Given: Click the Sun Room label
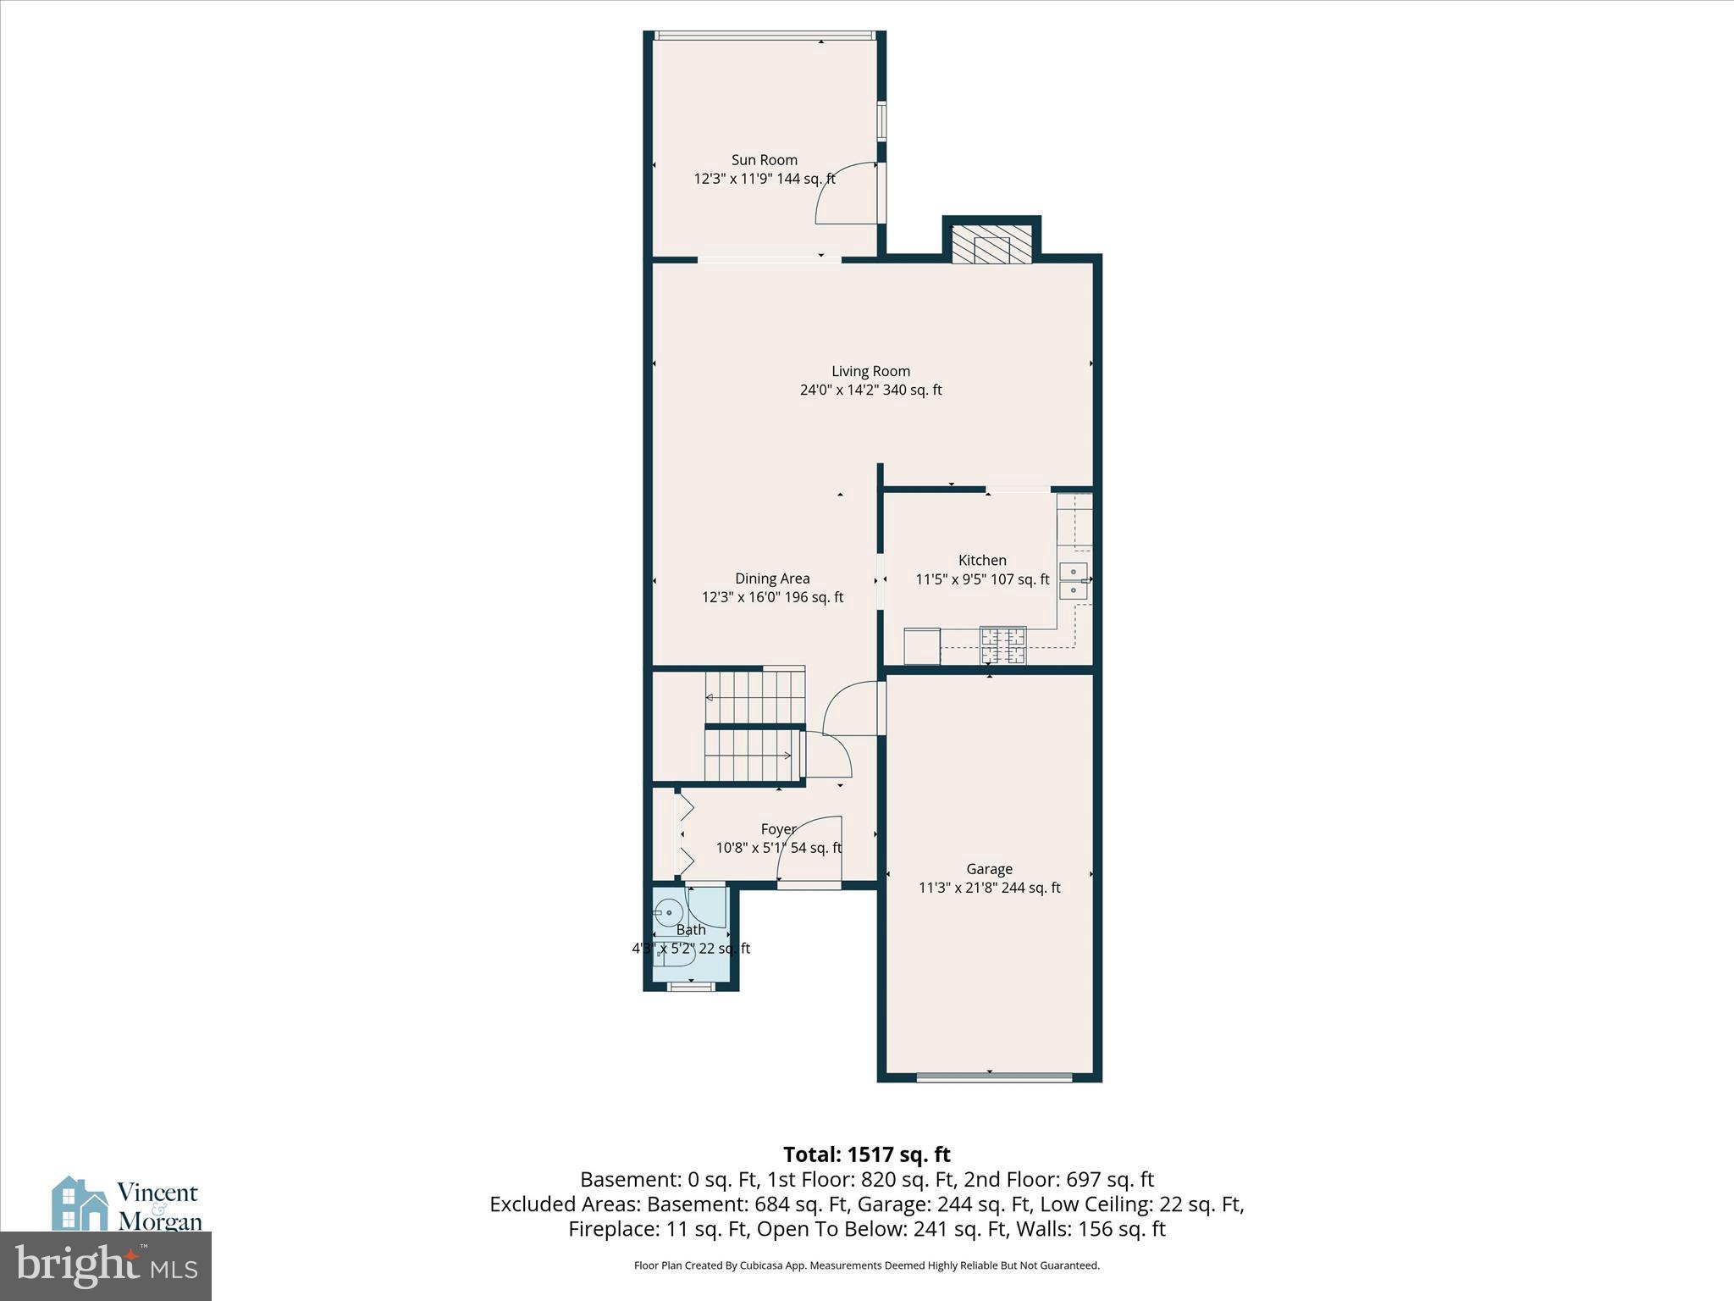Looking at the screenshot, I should click(x=764, y=160).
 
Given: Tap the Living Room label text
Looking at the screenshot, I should click(x=870, y=371).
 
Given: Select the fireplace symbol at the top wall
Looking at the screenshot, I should click(x=991, y=244).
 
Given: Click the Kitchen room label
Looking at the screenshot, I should click(x=982, y=560).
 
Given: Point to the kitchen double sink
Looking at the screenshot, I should click(x=1074, y=580).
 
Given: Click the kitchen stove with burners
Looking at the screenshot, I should click(x=1002, y=645).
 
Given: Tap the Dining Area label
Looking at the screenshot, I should click(x=772, y=579).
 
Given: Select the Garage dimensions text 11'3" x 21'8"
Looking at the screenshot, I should click(x=989, y=888).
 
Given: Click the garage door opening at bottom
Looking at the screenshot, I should click(x=994, y=1077).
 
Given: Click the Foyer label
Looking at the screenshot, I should click(x=778, y=829).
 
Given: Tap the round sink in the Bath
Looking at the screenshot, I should click(x=668, y=913).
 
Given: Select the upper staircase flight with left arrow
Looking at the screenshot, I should click(x=754, y=697).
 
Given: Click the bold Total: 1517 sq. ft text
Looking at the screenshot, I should click(x=866, y=1154).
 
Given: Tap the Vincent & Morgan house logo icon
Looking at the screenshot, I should click(x=80, y=1204).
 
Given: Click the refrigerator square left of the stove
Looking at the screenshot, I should click(x=922, y=645).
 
